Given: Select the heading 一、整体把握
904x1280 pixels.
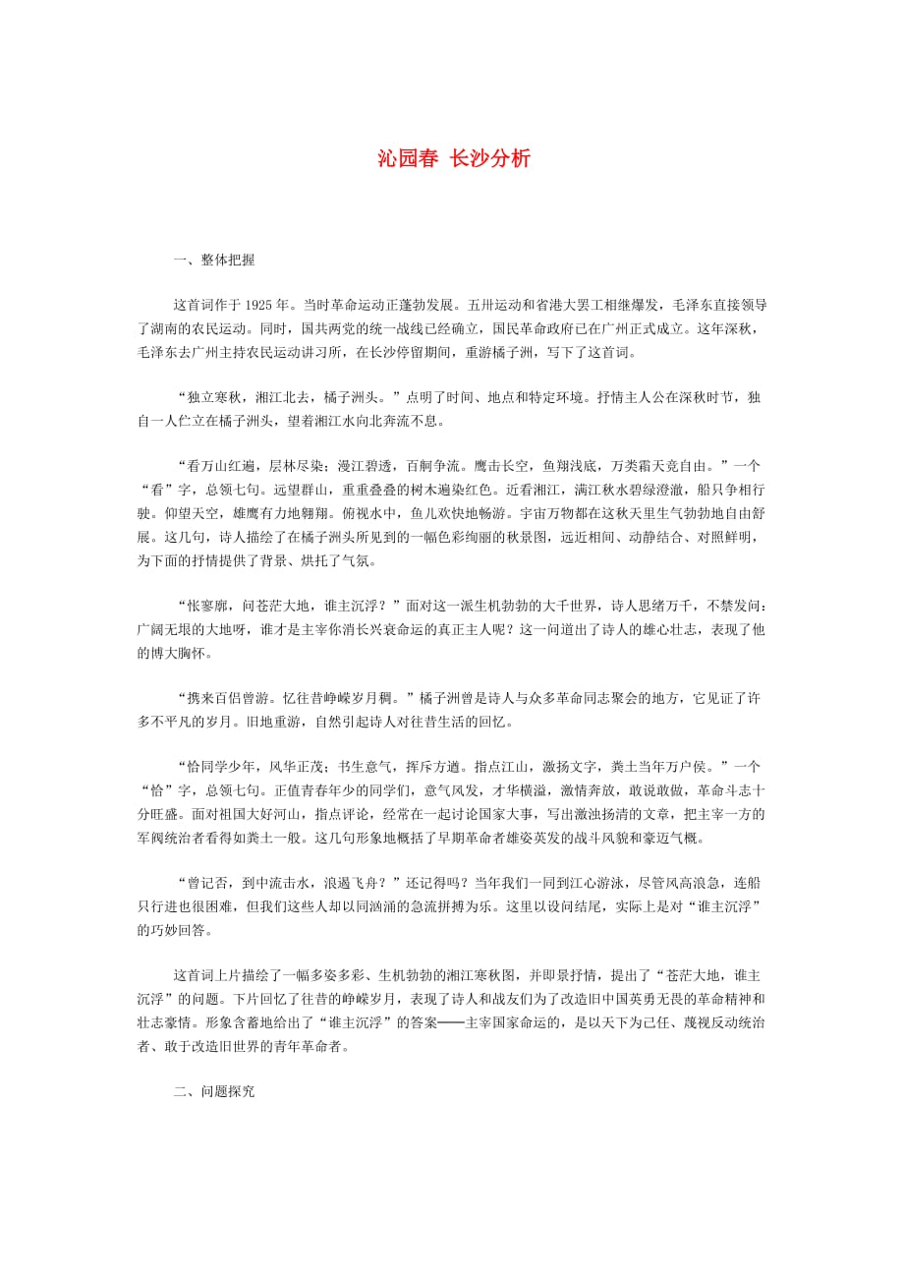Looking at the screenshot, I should (213, 260).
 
